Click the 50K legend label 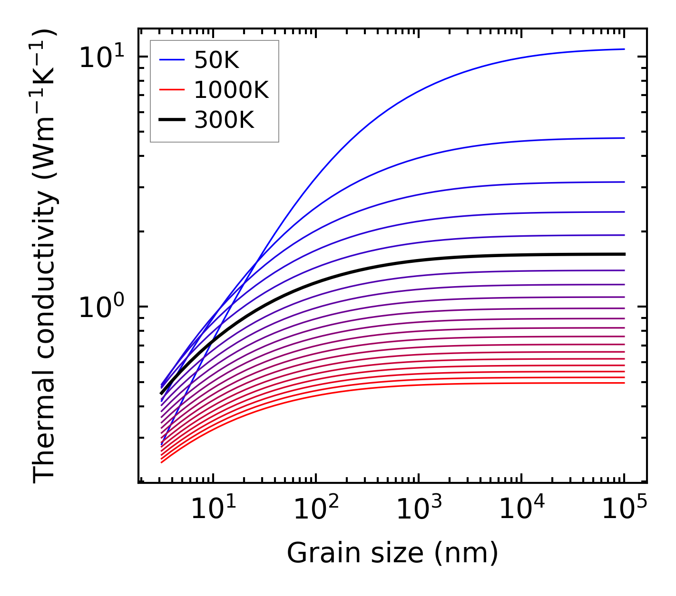[x=216, y=60]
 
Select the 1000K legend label [x=231, y=90]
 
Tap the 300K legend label [x=224, y=120]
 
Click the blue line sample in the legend [x=171, y=60]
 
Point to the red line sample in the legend [x=171, y=90]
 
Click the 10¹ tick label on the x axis [x=213, y=509]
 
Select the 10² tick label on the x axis [x=316, y=509]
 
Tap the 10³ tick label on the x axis [x=419, y=509]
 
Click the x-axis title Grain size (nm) [x=392, y=553]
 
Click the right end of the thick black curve [x=624, y=254]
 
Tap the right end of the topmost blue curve [x=624, y=49]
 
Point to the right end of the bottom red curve [x=624, y=383]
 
